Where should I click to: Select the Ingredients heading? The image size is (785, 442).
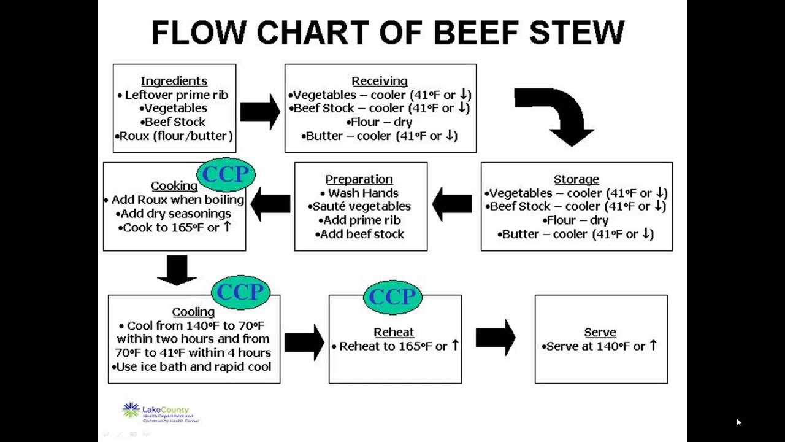[x=174, y=81]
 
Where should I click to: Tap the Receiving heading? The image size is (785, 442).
[x=380, y=81]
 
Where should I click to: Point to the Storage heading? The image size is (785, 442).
[x=576, y=179]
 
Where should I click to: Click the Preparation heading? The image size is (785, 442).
[x=359, y=179]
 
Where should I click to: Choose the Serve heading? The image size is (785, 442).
[x=600, y=332]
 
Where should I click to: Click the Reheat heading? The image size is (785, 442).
[x=394, y=332]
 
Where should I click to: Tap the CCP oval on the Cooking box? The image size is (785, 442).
[x=226, y=174]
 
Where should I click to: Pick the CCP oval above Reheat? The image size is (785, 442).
[x=392, y=297]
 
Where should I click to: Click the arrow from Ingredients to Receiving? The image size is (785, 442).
[x=259, y=111]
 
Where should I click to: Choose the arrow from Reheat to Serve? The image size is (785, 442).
[x=496, y=337]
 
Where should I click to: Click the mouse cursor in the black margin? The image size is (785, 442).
[x=738, y=422]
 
